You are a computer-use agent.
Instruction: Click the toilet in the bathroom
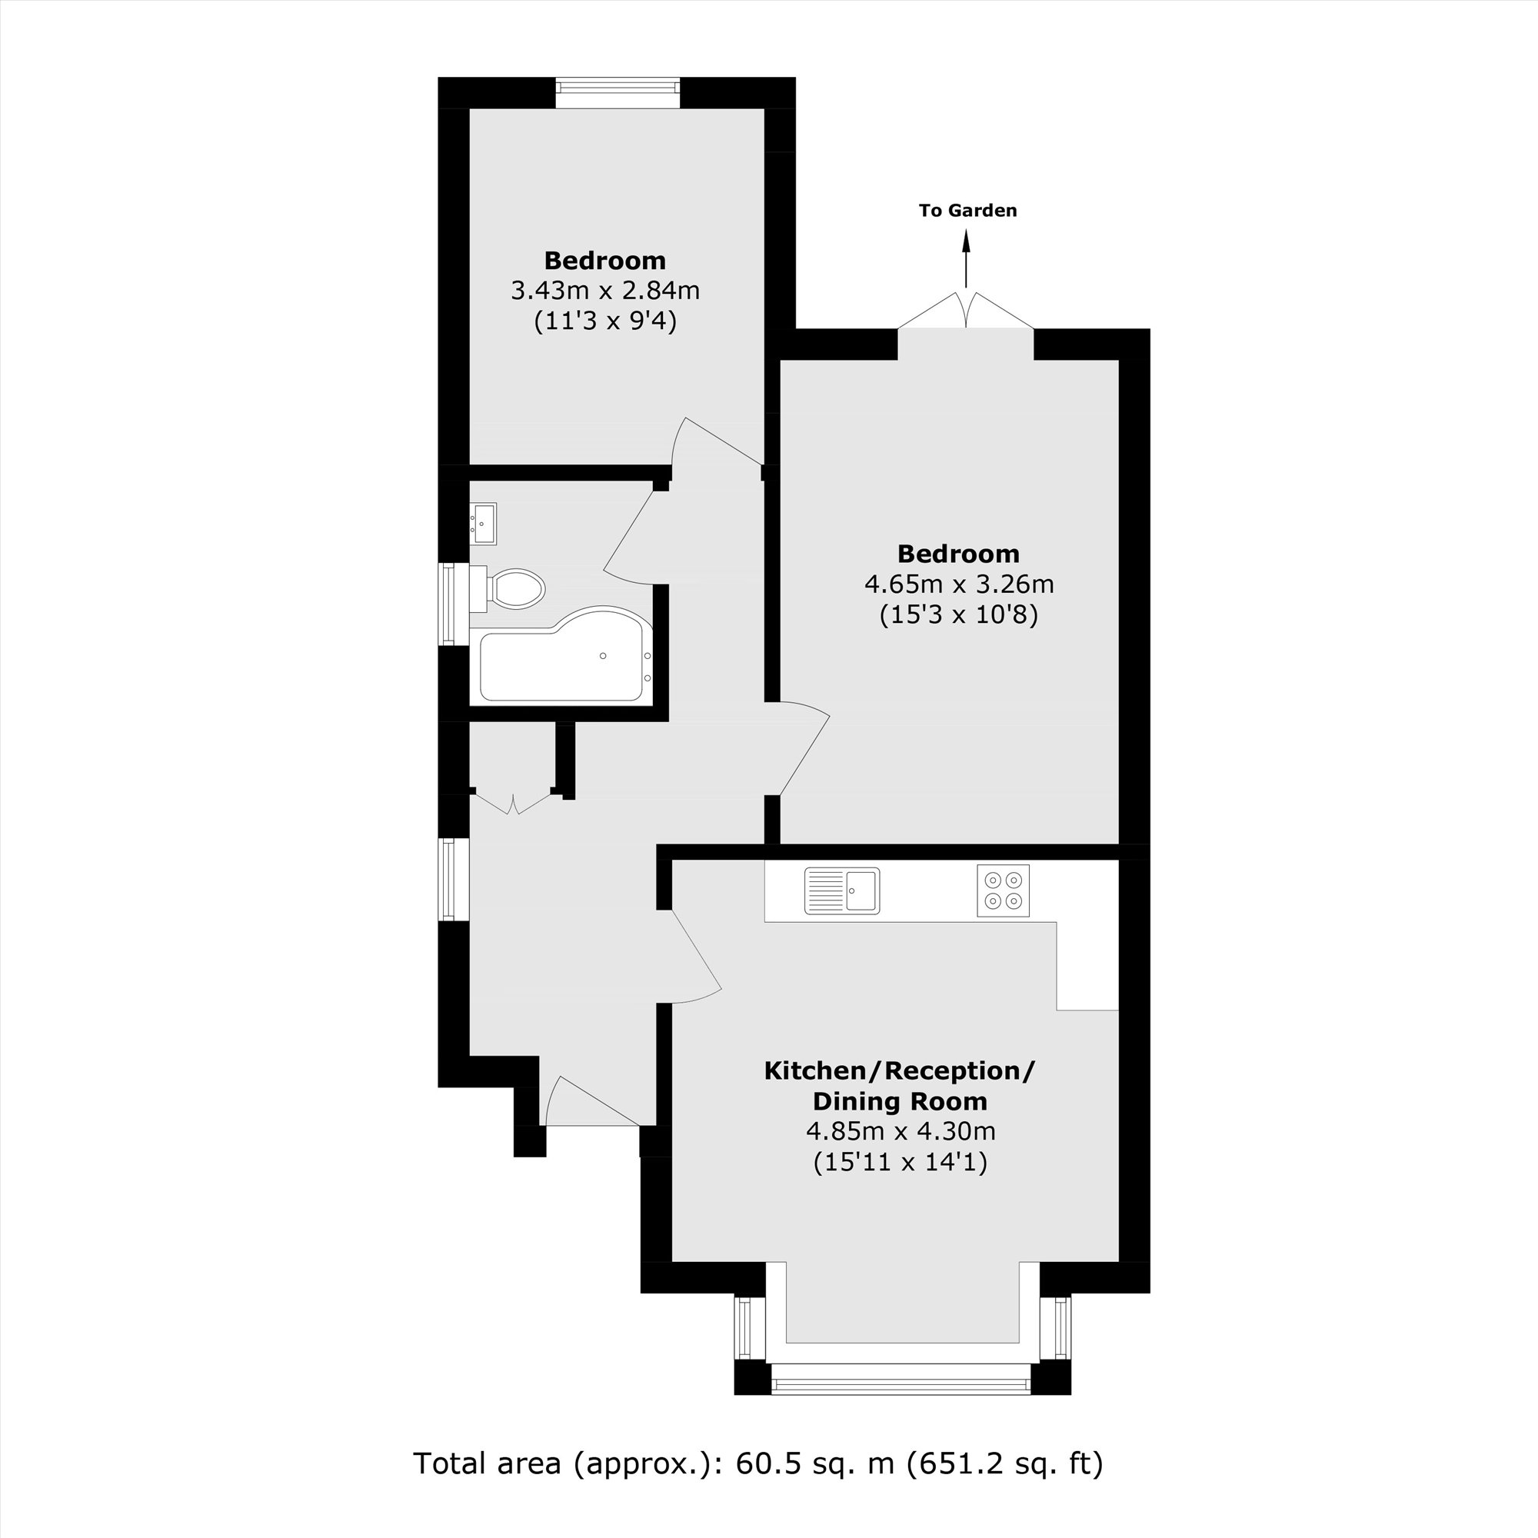510,590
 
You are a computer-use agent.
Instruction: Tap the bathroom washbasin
482,523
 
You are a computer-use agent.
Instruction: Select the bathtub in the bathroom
564,657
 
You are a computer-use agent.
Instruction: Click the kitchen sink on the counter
841,890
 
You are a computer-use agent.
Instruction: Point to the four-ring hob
1003,890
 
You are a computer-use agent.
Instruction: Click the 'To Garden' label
967,211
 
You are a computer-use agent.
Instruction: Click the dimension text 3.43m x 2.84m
605,291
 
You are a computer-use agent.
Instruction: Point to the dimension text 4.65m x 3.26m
959,584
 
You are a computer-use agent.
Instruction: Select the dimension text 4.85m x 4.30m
900,1130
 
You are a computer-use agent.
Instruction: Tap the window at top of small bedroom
618,92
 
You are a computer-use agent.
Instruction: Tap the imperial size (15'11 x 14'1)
900,1162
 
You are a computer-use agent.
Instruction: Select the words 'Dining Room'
900,1101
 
